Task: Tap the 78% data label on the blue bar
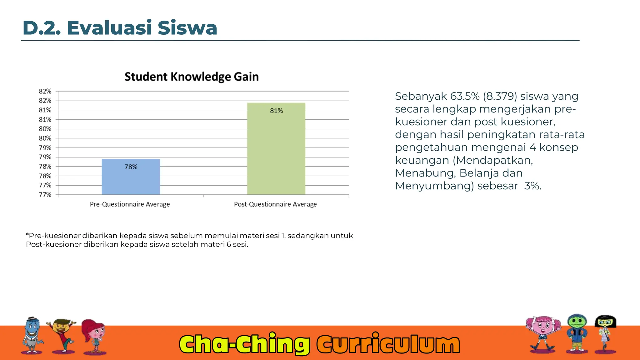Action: (131, 167)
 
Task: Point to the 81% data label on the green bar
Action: (276, 111)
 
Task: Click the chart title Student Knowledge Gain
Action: (192, 77)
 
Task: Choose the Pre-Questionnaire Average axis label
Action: (130, 204)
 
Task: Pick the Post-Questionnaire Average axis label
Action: (275, 204)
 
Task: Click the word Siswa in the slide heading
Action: (187, 28)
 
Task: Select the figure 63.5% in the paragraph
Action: (465, 96)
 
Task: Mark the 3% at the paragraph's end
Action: (532, 186)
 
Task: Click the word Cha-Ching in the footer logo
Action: (244, 344)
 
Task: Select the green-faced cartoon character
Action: (577, 333)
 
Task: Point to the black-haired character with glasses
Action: (605, 333)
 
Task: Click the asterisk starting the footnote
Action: (27, 235)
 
